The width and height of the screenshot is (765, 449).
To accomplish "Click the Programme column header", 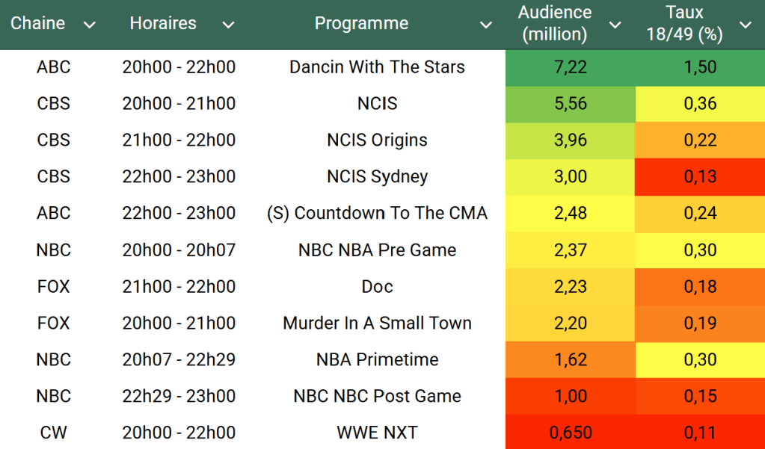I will coord(361,23).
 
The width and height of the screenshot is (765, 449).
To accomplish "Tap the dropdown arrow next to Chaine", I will coord(90,25).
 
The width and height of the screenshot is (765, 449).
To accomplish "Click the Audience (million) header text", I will coord(555,23).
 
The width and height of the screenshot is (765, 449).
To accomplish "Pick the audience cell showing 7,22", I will coord(571,67).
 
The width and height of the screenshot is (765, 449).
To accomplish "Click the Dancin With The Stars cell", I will coord(377,67).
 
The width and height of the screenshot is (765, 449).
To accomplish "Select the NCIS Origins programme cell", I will coord(377,140).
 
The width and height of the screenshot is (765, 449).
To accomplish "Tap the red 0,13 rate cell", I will coord(700,177).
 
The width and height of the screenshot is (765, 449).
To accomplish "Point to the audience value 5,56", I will coord(571,104).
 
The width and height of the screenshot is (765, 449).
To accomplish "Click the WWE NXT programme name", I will coord(377,433).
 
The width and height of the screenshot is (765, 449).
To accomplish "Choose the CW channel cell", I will coord(53,433).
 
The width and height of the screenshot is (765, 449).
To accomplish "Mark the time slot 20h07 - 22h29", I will coord(179,359).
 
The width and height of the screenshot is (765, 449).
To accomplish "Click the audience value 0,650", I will coord(571,433).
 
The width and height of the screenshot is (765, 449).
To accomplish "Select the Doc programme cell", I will coord(377,287).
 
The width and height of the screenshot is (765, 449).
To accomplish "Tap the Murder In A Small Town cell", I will coord(377,323).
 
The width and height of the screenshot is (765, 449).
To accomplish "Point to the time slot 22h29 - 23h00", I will coord(179,396).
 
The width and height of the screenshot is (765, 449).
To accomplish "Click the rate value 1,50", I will coord(700,67).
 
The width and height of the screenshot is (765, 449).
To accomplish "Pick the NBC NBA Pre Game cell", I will coord(377,250).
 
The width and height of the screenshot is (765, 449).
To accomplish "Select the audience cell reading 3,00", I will coord(571,177).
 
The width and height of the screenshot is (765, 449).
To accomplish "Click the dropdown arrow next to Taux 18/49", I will coord(745,25).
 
